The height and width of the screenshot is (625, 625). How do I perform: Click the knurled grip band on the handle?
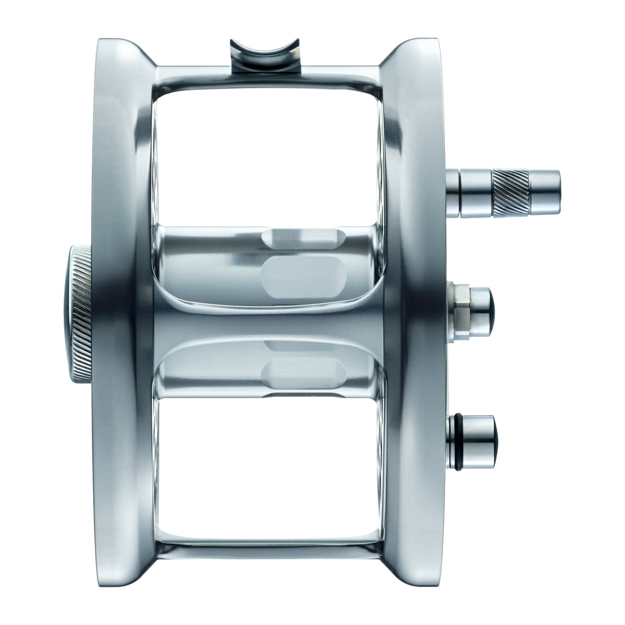[510, 192]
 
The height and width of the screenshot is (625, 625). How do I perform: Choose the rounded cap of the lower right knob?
[482, 441]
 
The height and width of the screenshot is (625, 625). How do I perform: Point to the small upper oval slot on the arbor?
[302, 237]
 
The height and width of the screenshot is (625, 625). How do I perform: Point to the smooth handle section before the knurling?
[476, 192]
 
